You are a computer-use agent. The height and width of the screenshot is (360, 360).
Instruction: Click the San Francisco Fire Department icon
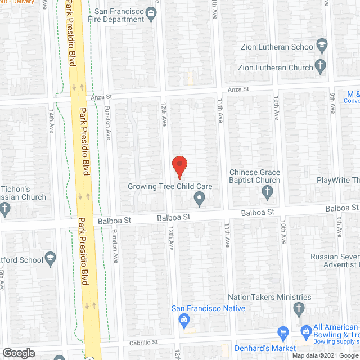(x=151, y=14)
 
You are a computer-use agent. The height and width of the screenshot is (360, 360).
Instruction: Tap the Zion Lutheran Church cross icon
(x=321, y=66)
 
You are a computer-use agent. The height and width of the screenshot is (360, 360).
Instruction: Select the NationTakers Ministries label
(x=269, y=297)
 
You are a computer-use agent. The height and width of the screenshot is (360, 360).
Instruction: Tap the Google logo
(x=19, y=353)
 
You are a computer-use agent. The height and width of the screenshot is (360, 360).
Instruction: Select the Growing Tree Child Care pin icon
(x=199, y=198)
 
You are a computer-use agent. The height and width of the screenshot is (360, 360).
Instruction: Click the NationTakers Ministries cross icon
(x=299, y=309)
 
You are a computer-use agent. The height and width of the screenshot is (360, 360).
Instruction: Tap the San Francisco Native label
(x=208, y=308)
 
